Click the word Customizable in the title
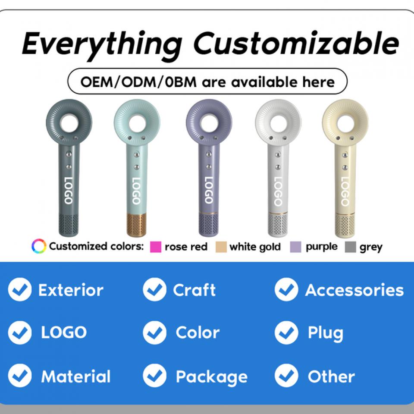(x=296, y=43)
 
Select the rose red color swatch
(x=156, y=247)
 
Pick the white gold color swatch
(x=221, y=247)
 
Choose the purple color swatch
(x=295, y=247)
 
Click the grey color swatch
(x=350, y=247)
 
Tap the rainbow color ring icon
(x=39, y=246)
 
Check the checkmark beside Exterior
(x=20, y=289)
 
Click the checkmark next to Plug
(x=286, y=332)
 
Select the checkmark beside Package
(x=154, y=376)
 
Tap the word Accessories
(x=354, y=290)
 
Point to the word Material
(x=76, y=376)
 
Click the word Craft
(x=194, y=290)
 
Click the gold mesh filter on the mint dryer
(x=136, y=225)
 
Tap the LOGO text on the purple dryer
(x=209, y=190)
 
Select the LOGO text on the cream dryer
(x=345, y=191)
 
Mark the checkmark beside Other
(x=286, y=376)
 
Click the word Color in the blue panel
(x=198, y=332)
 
